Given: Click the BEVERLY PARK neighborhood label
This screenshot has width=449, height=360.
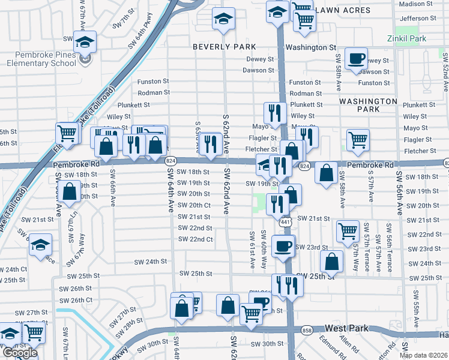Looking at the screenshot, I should point(224,47).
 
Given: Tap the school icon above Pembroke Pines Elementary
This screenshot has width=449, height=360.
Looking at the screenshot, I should point(85,43).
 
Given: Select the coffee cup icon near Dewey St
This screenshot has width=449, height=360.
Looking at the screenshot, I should point(357,58).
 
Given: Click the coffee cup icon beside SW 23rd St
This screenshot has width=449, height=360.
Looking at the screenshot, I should point(283,245).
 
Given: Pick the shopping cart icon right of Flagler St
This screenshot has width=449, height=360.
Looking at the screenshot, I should point(358,140).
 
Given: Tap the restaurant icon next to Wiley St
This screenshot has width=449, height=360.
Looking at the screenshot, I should point(275,112).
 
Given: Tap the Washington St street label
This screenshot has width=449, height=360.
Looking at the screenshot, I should point(310,47).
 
